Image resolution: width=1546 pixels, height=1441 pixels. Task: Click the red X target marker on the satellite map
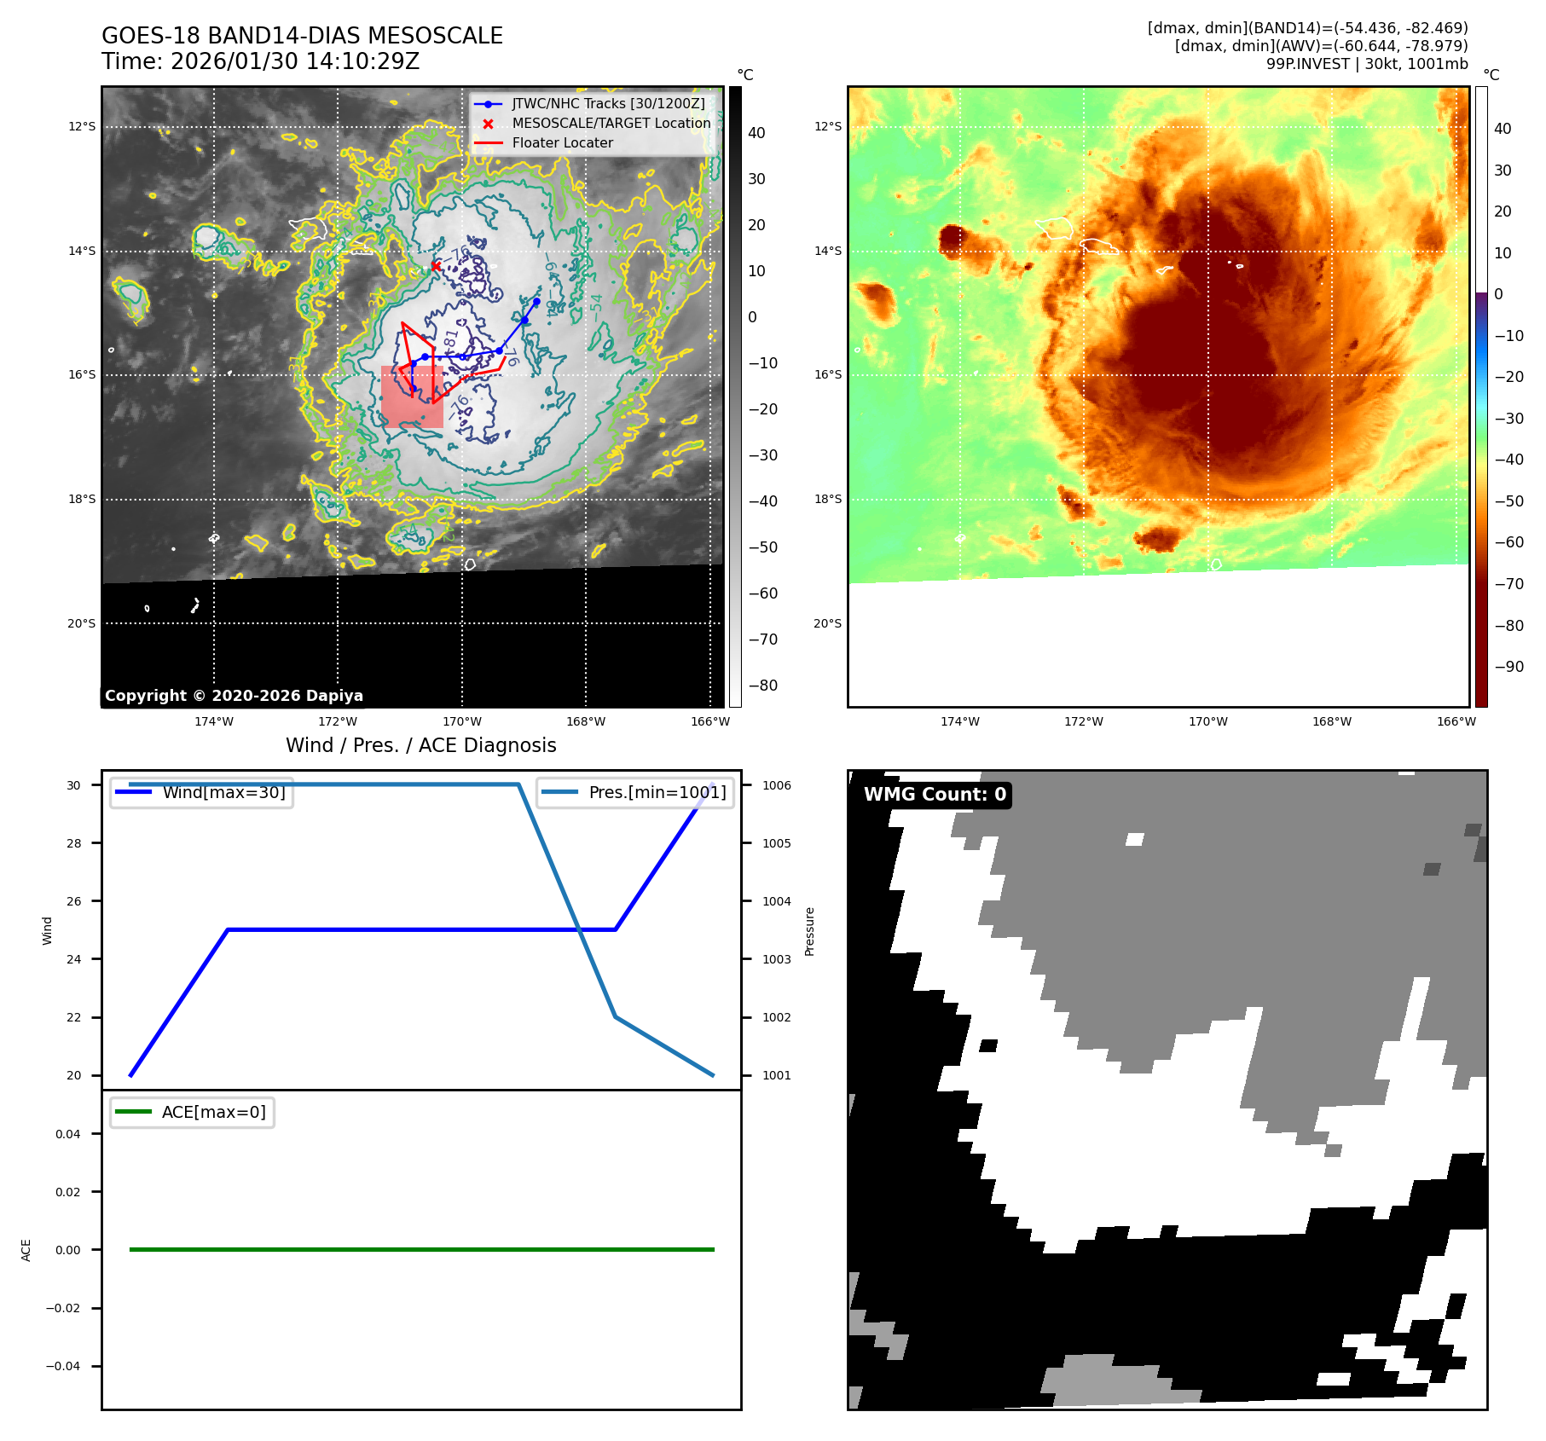[436, 266]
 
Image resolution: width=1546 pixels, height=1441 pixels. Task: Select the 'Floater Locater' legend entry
[562, 143]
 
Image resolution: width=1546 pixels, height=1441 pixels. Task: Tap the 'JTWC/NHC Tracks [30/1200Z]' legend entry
[608, 104]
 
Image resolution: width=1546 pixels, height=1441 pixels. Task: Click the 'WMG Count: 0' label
[935, 795]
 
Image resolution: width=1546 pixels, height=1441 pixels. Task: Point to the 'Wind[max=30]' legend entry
[223, 792]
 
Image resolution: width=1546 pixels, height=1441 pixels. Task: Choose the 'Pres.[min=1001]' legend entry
[657, 792]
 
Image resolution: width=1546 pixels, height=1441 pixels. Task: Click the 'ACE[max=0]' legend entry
[213, 1112]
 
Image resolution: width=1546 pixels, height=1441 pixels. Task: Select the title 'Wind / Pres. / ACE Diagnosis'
[420, 745]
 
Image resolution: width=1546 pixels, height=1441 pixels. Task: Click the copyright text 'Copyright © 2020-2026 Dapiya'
[234, 696]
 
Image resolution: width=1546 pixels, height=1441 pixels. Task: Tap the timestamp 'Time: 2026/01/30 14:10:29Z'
[260, 61]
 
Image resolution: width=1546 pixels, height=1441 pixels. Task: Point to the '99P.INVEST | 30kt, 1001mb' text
[1367, 64]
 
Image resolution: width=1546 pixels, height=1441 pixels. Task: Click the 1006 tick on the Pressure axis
[776, 785]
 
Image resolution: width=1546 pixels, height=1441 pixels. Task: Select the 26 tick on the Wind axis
[74, 901]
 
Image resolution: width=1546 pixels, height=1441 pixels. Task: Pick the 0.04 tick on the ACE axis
[68, 1134]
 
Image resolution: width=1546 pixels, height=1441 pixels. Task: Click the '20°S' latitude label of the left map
[82, 623]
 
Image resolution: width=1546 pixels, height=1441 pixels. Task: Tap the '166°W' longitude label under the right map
[1456, 721]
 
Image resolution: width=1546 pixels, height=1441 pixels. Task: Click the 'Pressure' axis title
[809, 931]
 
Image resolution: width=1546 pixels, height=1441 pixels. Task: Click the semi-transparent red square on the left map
[412, 397]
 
